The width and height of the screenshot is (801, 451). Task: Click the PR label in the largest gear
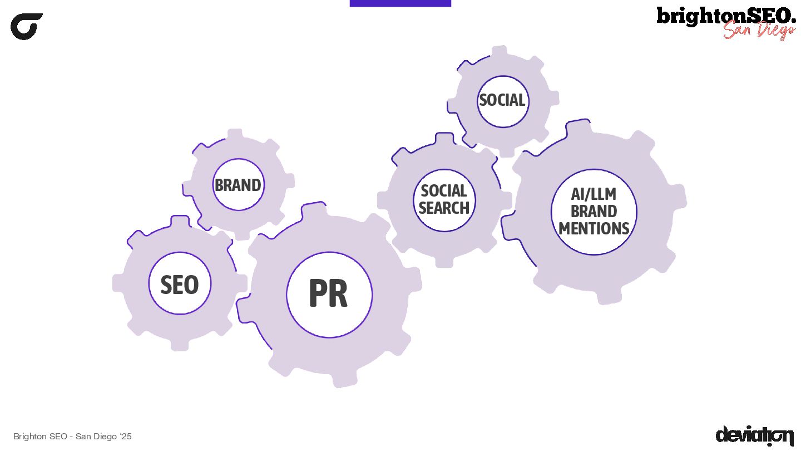tap(328, 294)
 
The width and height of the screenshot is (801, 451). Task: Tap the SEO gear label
tap(179, 285)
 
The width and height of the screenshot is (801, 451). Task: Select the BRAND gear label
tap(238, 185)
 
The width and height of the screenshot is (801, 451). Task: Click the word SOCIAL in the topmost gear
tap(502, 100)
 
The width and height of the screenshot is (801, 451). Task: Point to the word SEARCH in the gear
tap(444, 208)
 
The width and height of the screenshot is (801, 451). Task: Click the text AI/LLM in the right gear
tap(594, 194)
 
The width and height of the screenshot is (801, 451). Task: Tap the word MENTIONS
tap(594, 228)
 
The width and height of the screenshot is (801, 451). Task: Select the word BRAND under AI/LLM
tap(594, 212)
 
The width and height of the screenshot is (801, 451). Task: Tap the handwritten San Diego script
tap(759, 30)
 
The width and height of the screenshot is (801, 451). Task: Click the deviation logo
tap(754, 435)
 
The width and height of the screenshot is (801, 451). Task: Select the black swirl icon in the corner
tap(26, 26)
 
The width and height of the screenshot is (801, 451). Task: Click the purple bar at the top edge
tap(400, 3)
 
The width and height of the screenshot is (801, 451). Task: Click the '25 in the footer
tap(126, 437)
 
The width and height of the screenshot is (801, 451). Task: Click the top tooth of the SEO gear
tap(180, 222)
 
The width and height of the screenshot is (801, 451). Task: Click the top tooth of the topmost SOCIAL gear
tap(499, 52)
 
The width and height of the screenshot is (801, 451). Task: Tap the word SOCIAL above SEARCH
tap(444, 191)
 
